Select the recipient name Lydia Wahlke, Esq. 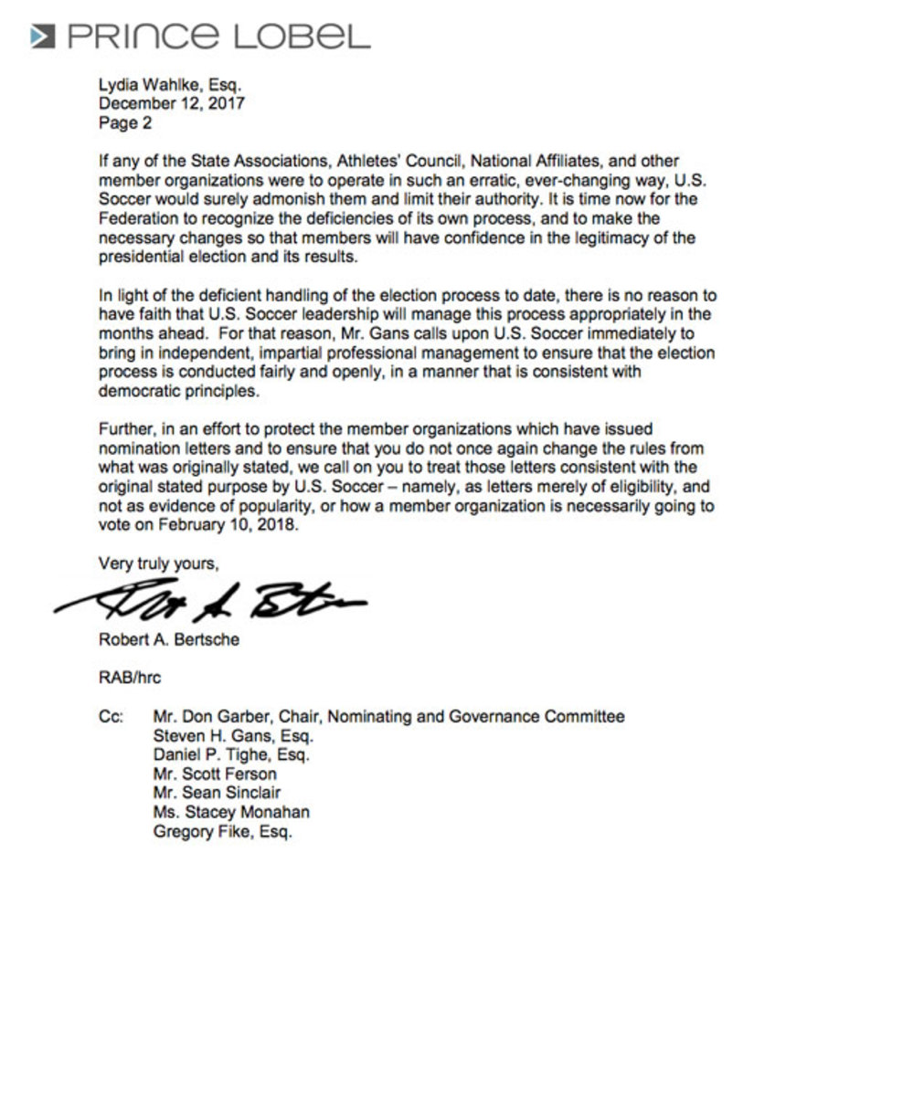pos(170,85)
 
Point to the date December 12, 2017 pos(172,104)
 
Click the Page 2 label pos(125,122)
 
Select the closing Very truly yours pos(158,564)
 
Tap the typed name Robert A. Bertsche pos(169,640)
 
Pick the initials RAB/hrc pos(129,679)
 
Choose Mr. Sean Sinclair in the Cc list pos(217,793)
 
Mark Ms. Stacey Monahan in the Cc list pos(231,812)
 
